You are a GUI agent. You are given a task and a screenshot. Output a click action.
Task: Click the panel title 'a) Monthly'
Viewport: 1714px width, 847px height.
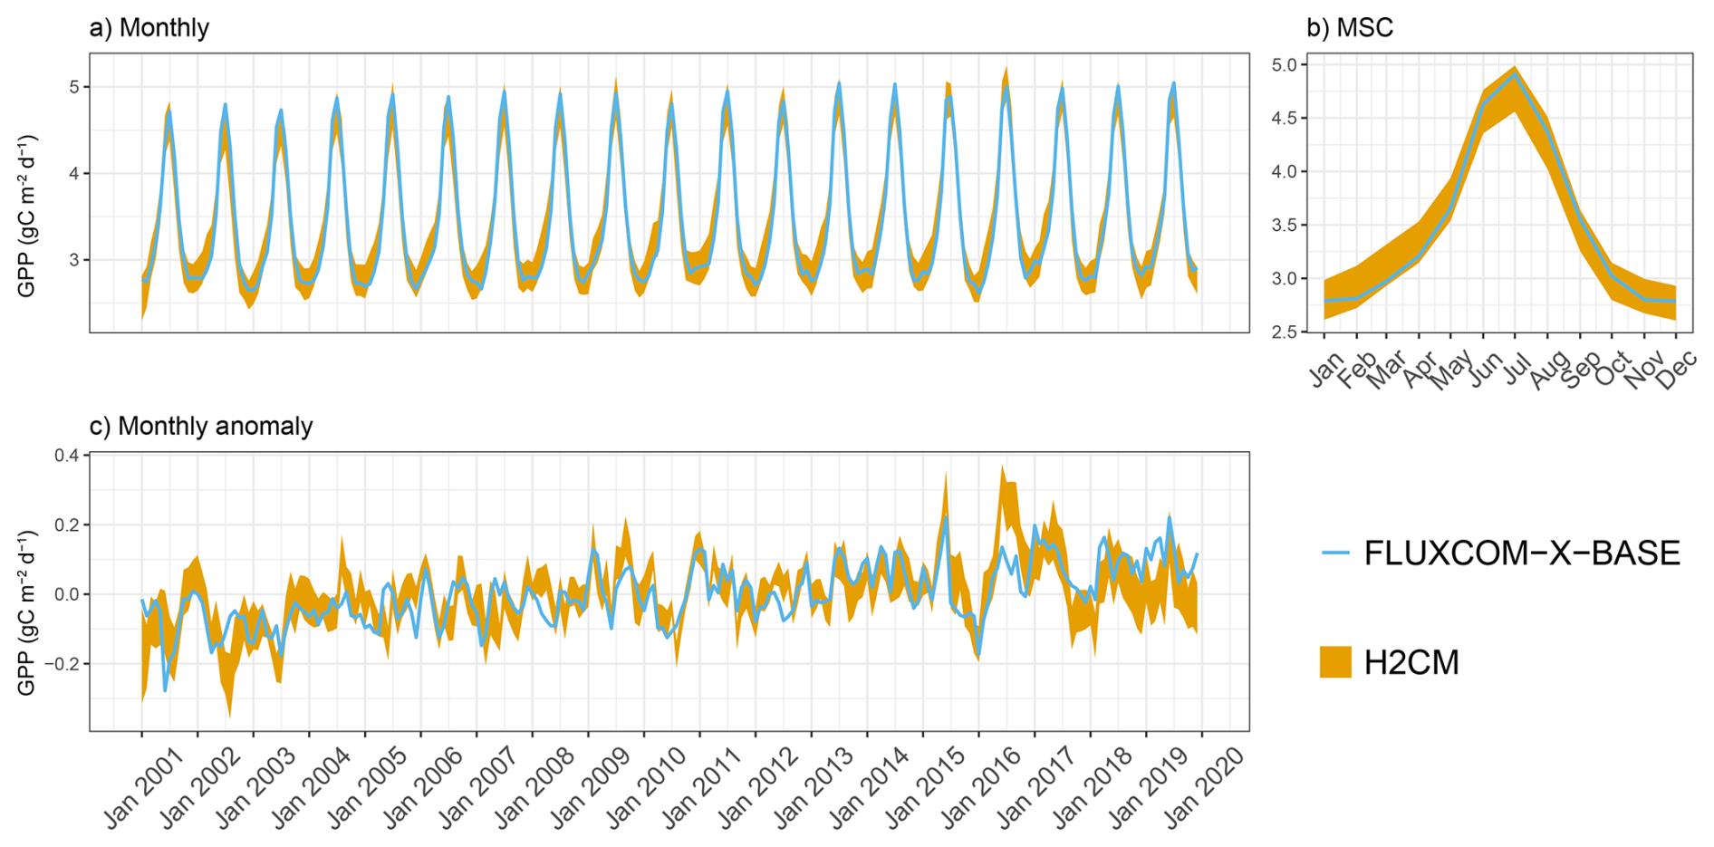click(149, 28)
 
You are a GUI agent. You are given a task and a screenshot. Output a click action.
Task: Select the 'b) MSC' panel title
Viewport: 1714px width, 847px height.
click(1349, 28)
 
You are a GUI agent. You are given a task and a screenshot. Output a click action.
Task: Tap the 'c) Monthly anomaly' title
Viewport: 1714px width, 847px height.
click(201, 427)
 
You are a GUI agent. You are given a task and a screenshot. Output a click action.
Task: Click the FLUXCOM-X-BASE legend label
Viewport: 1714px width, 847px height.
click(1522, 553)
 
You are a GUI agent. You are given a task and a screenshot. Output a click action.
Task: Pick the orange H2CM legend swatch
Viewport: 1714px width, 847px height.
click(1335, 662)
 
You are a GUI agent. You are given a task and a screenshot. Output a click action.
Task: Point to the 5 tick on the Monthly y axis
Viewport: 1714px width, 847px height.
click(74, 87)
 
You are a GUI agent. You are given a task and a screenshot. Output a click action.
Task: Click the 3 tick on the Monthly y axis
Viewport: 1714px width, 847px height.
click(74, 260)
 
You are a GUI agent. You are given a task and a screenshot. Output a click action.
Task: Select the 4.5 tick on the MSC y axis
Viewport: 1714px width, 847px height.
click(1284, 118)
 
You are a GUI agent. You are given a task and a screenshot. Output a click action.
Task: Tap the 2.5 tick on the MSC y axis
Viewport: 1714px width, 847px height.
click(1284, 332)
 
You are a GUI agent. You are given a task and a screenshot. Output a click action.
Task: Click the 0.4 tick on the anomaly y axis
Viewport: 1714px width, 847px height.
click(66, 455)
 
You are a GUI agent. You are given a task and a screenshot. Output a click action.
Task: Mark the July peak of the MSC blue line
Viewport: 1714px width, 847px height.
click(1516, 74)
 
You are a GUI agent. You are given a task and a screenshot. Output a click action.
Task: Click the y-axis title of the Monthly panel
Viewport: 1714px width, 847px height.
click(27, 216)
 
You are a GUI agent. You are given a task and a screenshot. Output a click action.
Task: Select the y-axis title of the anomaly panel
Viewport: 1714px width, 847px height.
click(27, 614)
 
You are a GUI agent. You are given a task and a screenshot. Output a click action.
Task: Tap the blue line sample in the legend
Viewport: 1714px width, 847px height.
click(1335, 552)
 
